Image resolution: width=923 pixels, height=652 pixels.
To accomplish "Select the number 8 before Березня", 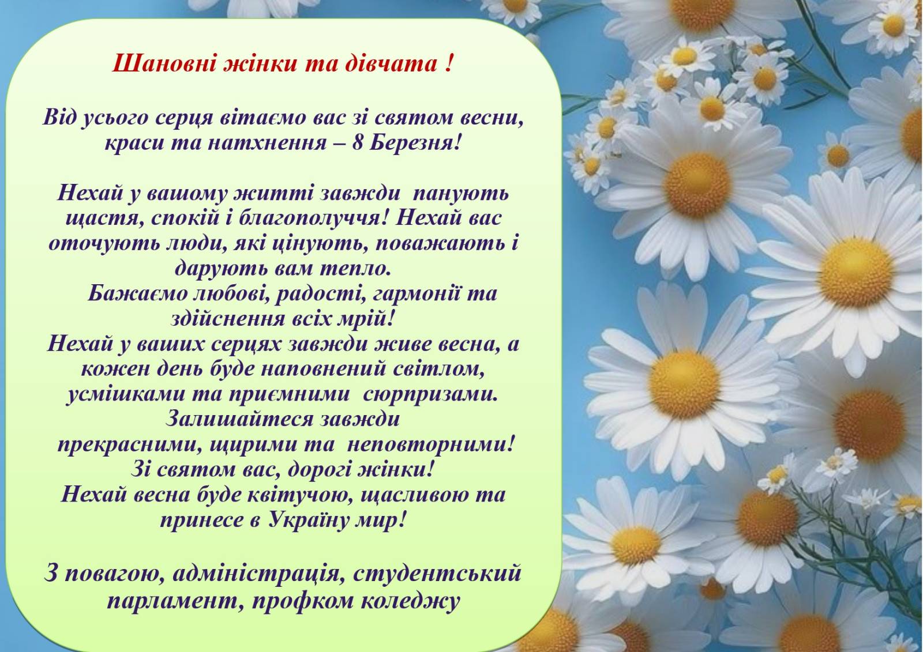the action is pyautogui.click(x=357, y=143).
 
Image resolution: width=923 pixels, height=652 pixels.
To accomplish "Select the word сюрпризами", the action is pyautogui.click(x=430, y=394).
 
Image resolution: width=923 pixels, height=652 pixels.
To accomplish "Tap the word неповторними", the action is pyautogui.click(x=431, y=445).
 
